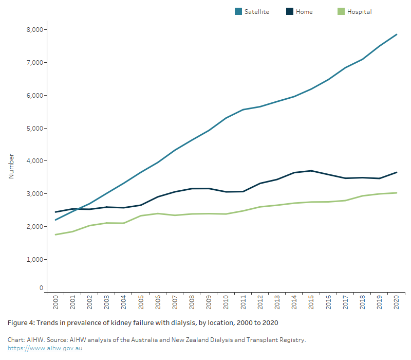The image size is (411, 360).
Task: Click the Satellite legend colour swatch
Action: click(239, 11)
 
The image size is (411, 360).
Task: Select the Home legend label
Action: click(304, 11)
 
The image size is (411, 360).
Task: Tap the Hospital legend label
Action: click(359, 11)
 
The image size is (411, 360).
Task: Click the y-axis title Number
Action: click(11, 166)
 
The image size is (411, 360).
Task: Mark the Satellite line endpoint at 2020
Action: click(397, 34)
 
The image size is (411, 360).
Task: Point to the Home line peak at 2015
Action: click(311, 171)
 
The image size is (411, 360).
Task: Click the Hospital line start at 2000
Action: click(55, 235)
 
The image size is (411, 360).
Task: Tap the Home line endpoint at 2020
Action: click(397, 172)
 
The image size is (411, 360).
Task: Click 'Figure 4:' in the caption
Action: click(22, 322)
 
